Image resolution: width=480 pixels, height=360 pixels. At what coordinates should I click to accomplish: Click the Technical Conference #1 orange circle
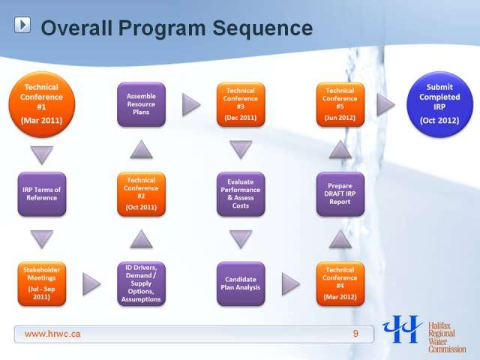pyautogui.click(x=42, y=104)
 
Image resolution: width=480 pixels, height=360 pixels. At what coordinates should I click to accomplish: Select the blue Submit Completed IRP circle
pyautogui.click(x=439, y=104)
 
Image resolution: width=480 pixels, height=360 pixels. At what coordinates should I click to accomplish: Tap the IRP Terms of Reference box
pyautogui.click(x=42, y=194)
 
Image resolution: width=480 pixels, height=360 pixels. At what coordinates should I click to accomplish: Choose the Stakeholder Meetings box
pyautogui.click(x=42, y=283)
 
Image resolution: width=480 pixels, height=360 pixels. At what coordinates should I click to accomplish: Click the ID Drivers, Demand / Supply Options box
pyautogui.click(x=142, y=283)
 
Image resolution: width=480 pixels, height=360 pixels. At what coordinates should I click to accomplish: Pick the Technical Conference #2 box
pyautogui.click(x=142, y=194)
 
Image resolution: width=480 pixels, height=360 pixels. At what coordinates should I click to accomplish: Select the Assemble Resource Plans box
pyautogui.click(x=142, y=104)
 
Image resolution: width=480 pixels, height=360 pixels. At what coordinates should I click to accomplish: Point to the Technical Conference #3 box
pyautogui.click(x=241, y=104)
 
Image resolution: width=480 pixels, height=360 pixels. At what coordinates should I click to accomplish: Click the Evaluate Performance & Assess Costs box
pyautogui.click(x=241, y=194)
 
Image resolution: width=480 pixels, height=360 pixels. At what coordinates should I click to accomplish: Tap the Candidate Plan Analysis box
pyautogui.click(x=241, y=283)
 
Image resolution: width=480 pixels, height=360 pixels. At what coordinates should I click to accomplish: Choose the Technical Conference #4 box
pyautogui.click(x=340, y=283)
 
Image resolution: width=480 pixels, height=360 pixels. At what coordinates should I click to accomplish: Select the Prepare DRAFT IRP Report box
pyautogui.click(x=340, y=194)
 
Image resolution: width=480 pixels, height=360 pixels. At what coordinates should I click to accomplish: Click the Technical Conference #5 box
pyautogui.click(x=340, y=104)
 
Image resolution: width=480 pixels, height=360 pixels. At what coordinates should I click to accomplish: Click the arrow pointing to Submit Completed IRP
pyautogui.click(x=385, y=105)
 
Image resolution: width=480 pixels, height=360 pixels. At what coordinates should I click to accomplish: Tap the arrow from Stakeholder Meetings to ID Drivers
pyautogui.click(x=91, y=284)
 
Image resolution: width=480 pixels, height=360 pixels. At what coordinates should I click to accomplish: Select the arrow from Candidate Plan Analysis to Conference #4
pyautogui.click(x=290, y=284)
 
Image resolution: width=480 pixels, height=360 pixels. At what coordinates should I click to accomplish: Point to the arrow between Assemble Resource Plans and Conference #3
pyautogui.click(x=190, y=105)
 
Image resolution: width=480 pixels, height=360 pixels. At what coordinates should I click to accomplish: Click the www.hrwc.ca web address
pyautogui.click(x=52, y=334)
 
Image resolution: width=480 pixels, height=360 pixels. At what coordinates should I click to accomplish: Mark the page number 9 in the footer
pyautogui.click(x=355, y=333)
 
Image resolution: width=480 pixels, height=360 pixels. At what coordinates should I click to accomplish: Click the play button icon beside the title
pyautogui.click(x=22, y=25)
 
